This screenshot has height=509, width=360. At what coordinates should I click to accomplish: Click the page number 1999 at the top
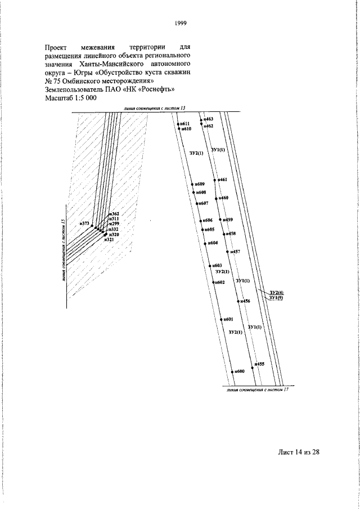click(180, 23)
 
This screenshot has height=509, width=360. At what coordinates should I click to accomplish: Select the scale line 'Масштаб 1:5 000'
click(70, 97)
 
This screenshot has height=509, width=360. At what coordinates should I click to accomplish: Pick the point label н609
click(200, 184)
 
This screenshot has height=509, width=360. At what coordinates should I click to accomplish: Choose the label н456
click(245, 302)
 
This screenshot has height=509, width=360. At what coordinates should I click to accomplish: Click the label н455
click(259, 364)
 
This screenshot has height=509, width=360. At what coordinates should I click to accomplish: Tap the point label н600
click(239, 372)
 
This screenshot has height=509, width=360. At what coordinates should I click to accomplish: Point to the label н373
click(85, 224)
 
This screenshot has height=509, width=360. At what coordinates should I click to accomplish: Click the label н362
click(114, 214)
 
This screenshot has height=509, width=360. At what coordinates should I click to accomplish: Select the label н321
click(109, 240)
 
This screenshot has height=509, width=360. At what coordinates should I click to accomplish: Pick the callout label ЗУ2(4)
click(276, 292)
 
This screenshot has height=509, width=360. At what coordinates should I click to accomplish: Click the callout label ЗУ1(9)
click(276, 298)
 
